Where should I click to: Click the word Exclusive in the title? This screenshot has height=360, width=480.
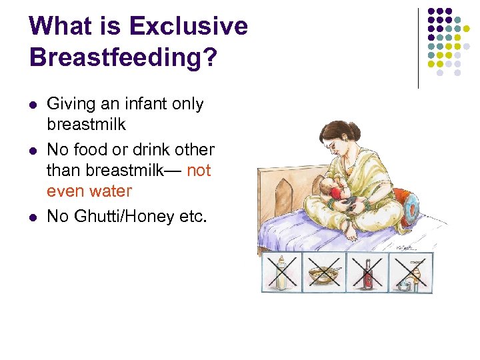(x=188, y=27)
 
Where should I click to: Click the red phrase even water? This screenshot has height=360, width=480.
(x=89, y=191)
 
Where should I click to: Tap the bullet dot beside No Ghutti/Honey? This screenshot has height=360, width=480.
(x=33, y=217)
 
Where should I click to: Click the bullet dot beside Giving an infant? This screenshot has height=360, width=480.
(x=33, y=105)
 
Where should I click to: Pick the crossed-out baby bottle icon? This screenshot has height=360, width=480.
(x=281, y=273)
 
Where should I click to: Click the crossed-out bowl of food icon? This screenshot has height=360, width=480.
(x=325, y=274)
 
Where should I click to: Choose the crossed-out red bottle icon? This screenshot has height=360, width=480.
(x=368, y=273)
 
